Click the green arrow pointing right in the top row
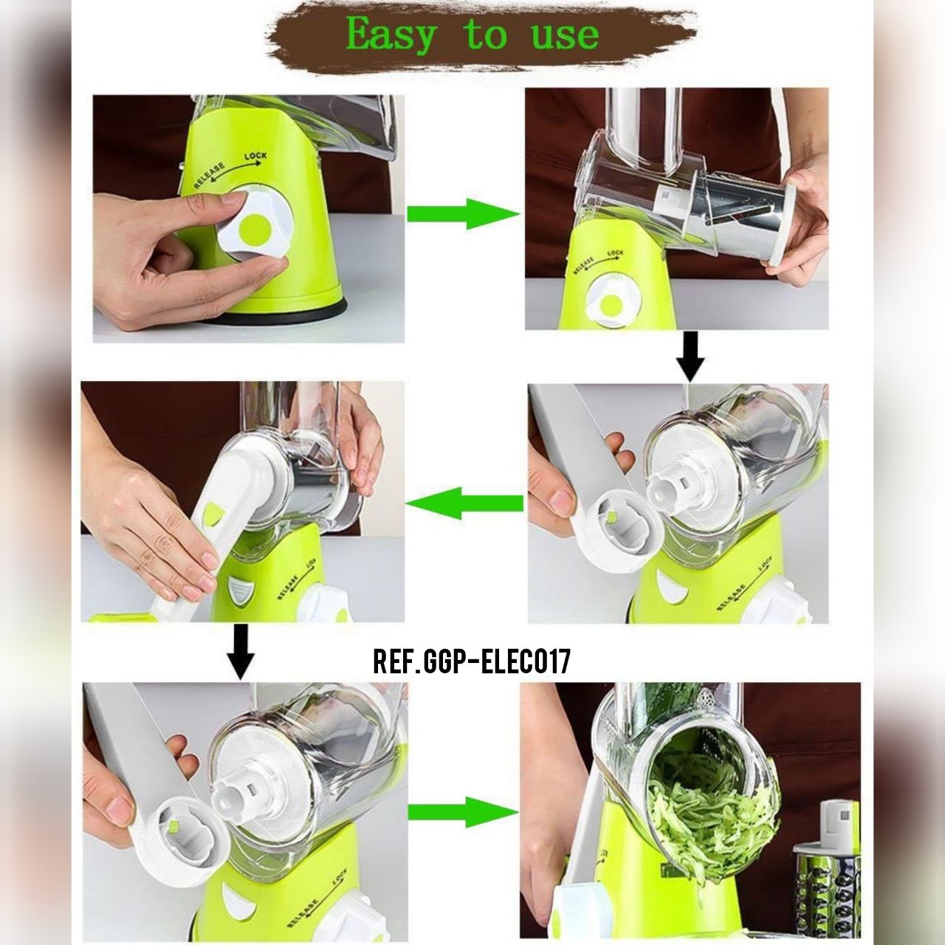coord(463,214)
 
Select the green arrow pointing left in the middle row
coord(464,504)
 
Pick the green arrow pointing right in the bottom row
coord(464,812)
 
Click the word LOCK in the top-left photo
coord(255,156)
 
